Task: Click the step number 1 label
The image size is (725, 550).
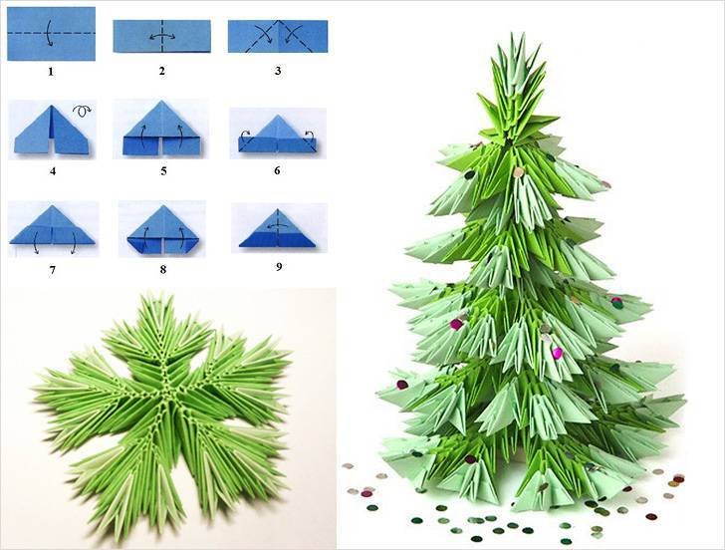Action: (x=51, y=71)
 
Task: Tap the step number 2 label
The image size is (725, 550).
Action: (x=161, y=71)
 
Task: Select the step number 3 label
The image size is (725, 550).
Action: (x=278, y=71)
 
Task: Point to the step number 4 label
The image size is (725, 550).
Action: (x=53, y=171)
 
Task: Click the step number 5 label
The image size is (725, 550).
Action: (x=163, y=171)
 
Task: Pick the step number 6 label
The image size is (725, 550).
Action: (x=277, y=170)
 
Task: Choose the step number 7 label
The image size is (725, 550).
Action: (x=52, y=270)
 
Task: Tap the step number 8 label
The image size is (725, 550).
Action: (x=162, y=269)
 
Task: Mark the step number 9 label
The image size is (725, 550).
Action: (x=279, y=266)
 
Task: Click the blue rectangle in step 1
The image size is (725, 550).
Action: (x=51, y=33)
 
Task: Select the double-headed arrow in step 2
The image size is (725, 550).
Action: (x=161, y=37)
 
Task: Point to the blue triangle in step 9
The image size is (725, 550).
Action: (x=278, y=229)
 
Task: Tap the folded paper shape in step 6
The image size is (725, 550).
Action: (x=277, y=135)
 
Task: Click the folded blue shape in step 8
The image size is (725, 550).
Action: (x=162, y=229)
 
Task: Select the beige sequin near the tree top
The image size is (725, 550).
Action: (x=518, y=172)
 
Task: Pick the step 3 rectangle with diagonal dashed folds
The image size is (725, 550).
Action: (x=278, y=36)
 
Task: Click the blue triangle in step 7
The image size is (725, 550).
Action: (x=52, y=225)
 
